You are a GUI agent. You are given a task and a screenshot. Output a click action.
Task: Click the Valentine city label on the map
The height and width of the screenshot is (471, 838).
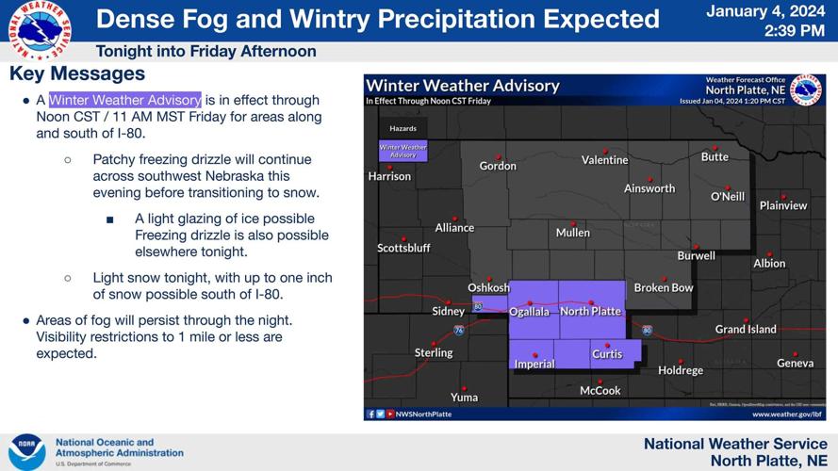click(x=604, y=160)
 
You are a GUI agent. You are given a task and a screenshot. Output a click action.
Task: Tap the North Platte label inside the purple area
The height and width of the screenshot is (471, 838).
click(x=590, y=312)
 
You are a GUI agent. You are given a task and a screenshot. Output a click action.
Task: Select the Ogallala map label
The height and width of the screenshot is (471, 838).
click(x=529, y=312)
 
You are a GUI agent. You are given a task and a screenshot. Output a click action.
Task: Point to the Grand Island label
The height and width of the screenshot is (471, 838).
click(x=746, y=330)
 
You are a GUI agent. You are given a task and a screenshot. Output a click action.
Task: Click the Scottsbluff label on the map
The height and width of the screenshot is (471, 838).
click(x=403, y=249)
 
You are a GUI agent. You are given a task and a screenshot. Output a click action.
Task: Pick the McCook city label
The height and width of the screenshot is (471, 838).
click(x=600, y=391)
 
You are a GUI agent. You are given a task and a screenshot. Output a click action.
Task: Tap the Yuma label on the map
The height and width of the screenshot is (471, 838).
click(x=464, y=398)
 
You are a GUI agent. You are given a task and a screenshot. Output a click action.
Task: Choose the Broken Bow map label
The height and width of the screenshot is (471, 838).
click(x=664, y=288)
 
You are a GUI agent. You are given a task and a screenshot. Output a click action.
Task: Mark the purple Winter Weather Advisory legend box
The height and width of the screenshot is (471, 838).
click(x=403, y=151)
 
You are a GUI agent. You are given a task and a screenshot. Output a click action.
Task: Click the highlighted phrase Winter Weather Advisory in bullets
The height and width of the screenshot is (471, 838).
click(x=125, y=100)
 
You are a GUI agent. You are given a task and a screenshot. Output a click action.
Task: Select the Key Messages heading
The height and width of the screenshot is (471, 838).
click(x=77, y=73)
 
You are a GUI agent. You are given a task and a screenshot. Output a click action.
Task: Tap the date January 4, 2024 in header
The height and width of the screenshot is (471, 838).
click(x=765, y=12)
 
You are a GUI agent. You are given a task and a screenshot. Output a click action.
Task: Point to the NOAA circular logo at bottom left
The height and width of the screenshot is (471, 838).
click(x=26, y=452)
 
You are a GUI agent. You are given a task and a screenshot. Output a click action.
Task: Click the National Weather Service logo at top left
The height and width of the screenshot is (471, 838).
click(x=39, y=29)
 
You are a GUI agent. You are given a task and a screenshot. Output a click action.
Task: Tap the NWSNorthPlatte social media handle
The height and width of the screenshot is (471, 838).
click(x=423, y=414)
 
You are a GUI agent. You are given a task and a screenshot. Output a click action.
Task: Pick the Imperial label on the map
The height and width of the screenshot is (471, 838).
click(x=534, y=365)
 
